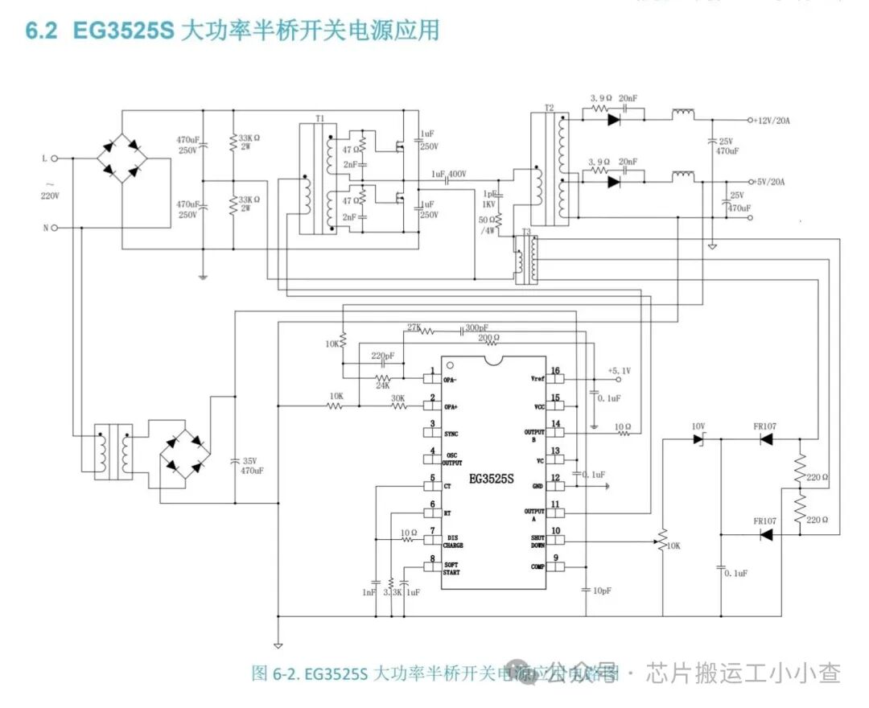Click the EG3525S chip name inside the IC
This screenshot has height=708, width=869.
492,479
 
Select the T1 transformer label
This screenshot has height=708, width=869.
319,117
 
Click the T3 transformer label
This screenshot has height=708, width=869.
526,232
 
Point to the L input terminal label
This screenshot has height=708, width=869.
45,158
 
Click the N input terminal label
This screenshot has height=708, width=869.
45,228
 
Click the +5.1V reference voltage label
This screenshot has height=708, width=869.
619,370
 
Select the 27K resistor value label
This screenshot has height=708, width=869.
414,327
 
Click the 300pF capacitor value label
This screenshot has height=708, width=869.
476,327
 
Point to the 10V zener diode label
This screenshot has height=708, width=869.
698,426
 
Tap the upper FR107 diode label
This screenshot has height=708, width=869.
764,426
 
